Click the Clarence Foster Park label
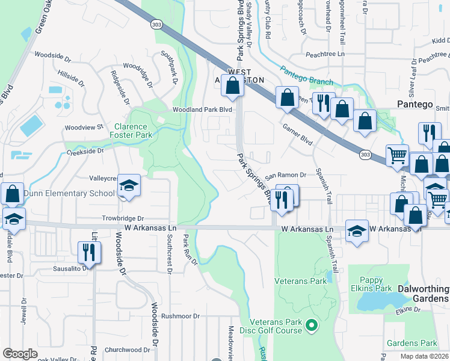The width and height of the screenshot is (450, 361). [131, 131]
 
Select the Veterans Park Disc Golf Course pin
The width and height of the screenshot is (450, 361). [311, 326]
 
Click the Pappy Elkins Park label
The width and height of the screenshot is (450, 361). [367, 284]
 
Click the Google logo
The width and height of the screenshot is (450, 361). [20, 354]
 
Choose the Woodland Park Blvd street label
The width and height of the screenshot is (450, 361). [202, 110]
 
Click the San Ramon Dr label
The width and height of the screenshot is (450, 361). [286, 174]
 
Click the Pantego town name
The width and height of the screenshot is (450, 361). [415, 104]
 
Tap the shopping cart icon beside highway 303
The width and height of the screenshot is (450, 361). [397, 155]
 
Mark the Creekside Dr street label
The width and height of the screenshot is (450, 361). [85, 152]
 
